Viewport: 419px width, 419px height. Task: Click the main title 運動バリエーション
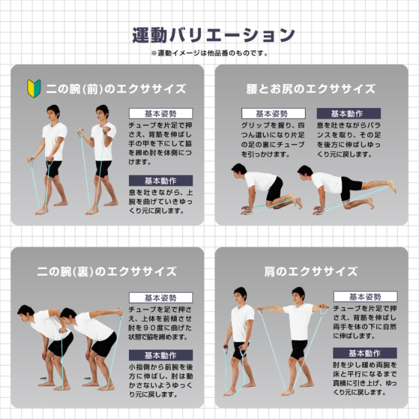(x=213, y=35)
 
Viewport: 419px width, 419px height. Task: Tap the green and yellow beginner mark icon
(x=34, y=88)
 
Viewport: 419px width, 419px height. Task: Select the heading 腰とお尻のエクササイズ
(x=311, y=89)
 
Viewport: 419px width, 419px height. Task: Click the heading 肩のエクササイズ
(x=311, y=272)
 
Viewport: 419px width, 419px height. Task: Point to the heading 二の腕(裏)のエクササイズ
(x=107, y=272)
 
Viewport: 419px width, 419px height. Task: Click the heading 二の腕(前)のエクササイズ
(x=116, y=89)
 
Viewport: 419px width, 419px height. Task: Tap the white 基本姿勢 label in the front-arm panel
(x=161, y=113)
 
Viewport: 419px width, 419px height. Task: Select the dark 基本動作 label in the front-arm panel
(x=161, y=181)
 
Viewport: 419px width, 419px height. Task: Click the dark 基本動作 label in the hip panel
(x=349, y=113)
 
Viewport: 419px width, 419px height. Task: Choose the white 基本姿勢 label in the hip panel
(x=274, y=113)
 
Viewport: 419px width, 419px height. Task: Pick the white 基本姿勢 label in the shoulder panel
(x=365, y=297)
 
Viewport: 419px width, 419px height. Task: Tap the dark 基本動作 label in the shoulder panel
(x=365, y=353)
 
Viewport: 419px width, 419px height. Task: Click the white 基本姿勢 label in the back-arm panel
(x=161, y=297)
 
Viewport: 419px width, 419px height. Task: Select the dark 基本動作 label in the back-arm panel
(x=161, y=355)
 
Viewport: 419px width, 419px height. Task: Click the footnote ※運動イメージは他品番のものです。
(x=209, y=53)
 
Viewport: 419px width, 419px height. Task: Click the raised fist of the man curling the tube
(x=106, y=130)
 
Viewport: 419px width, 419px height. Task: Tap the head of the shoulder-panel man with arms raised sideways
(x=299, y=295)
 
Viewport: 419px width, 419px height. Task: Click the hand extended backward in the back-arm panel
(x=119, y=312)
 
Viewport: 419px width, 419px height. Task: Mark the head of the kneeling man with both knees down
(x=238, y=171)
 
